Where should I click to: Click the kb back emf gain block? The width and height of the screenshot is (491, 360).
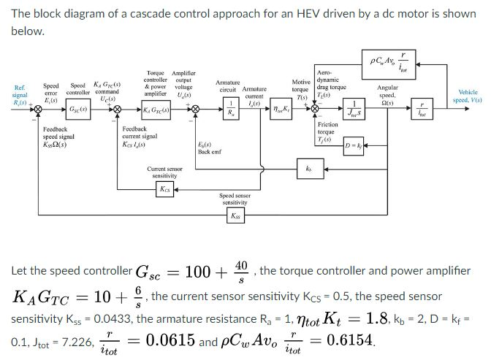tap(308, 167)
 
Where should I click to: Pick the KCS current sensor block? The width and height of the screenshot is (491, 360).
tap(167, 189)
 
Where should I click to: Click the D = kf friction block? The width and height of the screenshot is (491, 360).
tap(354, 145)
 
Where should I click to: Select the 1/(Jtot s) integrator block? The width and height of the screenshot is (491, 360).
tap(354, 109)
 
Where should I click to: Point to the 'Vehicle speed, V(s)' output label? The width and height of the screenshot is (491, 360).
tap(468, 96)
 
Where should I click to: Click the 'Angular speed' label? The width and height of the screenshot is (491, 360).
tap(387, 92)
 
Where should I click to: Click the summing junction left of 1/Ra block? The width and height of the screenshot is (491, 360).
tap(196, 110)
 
